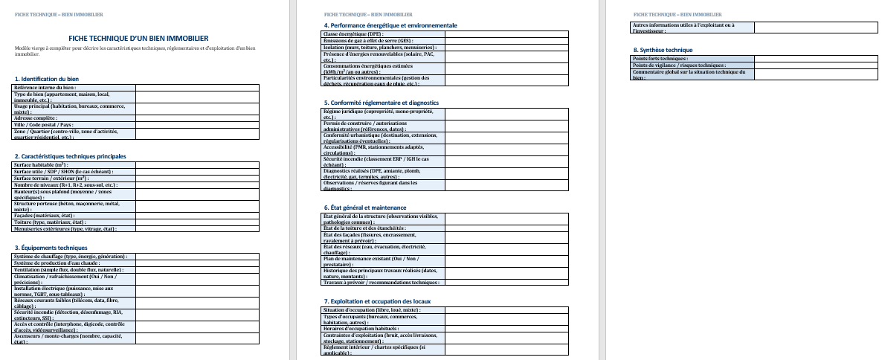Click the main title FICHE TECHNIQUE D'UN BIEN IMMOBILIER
point(138,38)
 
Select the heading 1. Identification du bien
point(47,79)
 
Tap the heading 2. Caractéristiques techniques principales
point(71,156)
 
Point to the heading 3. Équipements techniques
point(51,248)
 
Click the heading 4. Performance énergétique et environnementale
point(390,25)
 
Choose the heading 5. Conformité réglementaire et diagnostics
point(382,103)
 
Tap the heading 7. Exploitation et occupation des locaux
point(378,300)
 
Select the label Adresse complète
point(36,118)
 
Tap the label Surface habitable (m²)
point(42,165)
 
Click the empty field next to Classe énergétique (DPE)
point(507,33)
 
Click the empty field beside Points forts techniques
point(816,58)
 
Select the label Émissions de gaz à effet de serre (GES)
point(368,40)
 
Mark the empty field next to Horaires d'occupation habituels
point(507,328)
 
